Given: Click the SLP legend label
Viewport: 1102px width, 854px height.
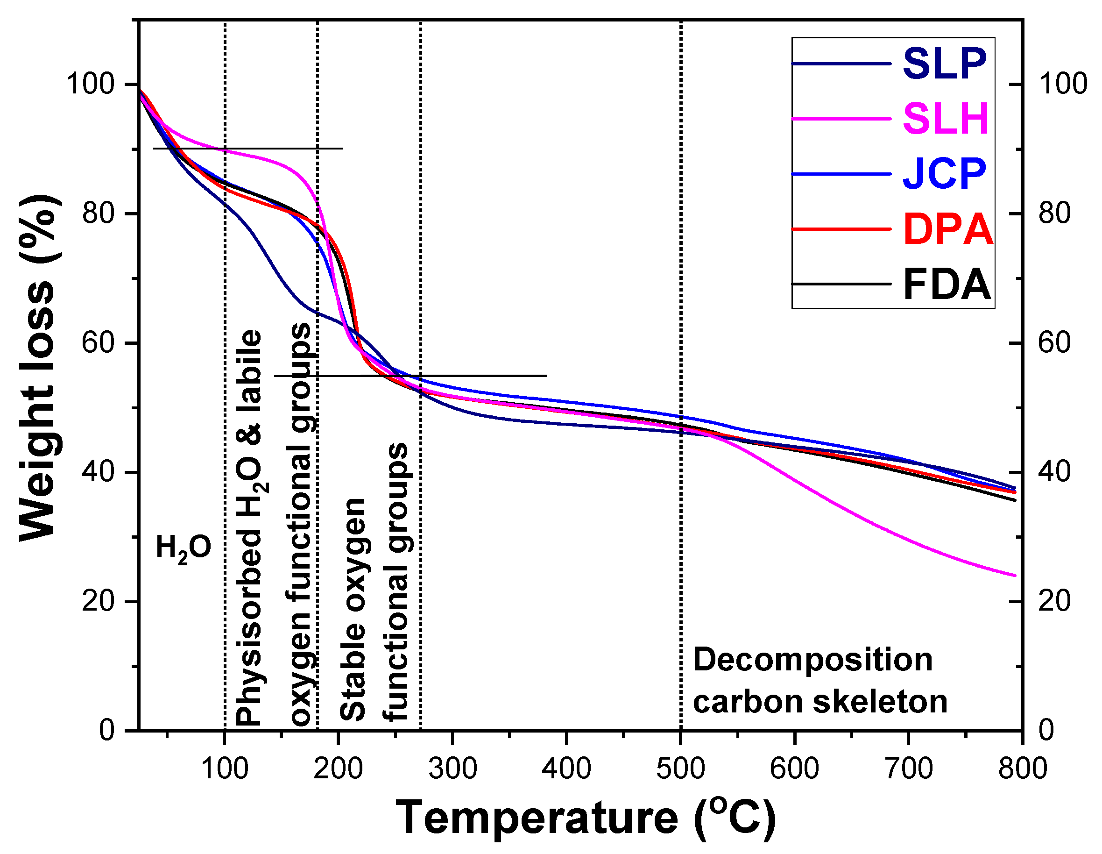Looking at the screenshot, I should click(944, 64).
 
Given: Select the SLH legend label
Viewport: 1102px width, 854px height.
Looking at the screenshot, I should click(945, 119).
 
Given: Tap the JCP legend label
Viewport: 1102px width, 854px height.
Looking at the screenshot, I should click(944, 174).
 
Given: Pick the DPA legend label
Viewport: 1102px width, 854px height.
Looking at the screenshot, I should click(947, 230).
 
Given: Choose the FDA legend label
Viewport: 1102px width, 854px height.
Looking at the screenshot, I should click(946, 285).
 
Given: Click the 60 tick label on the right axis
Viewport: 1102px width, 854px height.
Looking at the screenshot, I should click(1054, 343).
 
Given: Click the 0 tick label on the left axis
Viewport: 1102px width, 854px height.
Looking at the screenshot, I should click(107, 730).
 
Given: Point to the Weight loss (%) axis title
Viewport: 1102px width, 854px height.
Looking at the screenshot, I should click(38, 369).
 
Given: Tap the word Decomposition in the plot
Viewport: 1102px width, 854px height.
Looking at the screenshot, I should click(812, 660).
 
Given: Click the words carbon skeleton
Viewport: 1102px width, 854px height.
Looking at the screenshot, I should click(820, 702).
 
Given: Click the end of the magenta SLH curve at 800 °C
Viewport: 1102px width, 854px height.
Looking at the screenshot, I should click(1015, 575).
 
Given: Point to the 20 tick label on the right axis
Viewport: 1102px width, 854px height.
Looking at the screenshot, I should click(1054, 602).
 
